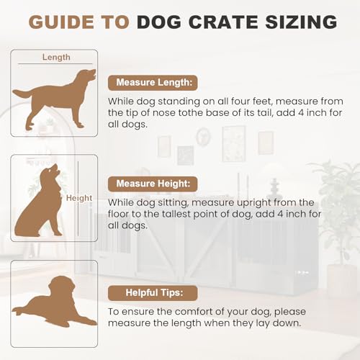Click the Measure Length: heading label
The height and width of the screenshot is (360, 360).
click(153, 82)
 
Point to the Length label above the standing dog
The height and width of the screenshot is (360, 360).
click(56, 57)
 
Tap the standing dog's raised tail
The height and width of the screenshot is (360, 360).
click(21, 94)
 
